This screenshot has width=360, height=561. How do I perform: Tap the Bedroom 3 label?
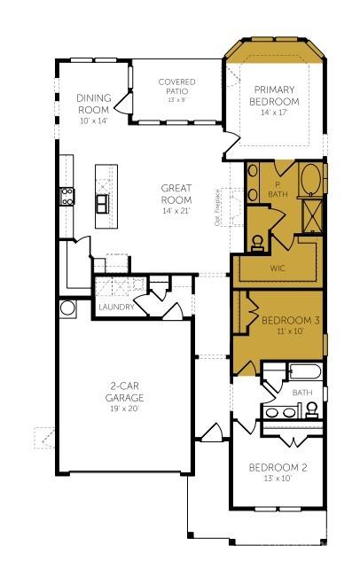pos(285,321)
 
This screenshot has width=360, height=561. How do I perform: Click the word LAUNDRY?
pos(116,307)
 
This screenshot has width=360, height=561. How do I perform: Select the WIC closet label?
pos(277,266)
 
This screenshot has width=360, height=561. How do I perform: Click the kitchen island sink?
pos(103,204)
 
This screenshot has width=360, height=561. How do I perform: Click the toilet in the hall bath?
pos(311,409)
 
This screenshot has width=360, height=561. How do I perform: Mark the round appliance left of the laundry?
pos(67,308)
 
